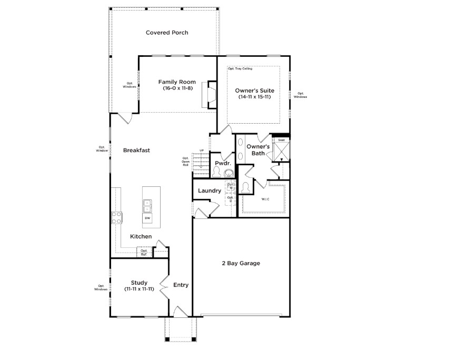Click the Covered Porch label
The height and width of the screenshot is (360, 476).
167,33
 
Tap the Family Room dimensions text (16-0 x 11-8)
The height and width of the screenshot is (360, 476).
177,88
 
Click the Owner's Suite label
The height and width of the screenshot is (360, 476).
254,90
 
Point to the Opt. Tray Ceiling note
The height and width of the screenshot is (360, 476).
240,69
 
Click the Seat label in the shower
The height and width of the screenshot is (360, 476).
281,140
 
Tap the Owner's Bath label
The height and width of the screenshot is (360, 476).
259,149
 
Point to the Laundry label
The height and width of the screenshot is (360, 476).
210,191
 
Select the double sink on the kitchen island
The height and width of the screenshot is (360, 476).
147,205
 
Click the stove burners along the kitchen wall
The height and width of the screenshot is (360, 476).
116,217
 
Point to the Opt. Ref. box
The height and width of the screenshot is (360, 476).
143,253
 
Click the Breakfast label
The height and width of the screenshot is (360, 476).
136,150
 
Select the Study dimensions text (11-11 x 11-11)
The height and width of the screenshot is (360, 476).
139,289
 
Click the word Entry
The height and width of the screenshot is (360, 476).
181,285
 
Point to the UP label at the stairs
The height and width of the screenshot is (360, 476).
201,151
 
